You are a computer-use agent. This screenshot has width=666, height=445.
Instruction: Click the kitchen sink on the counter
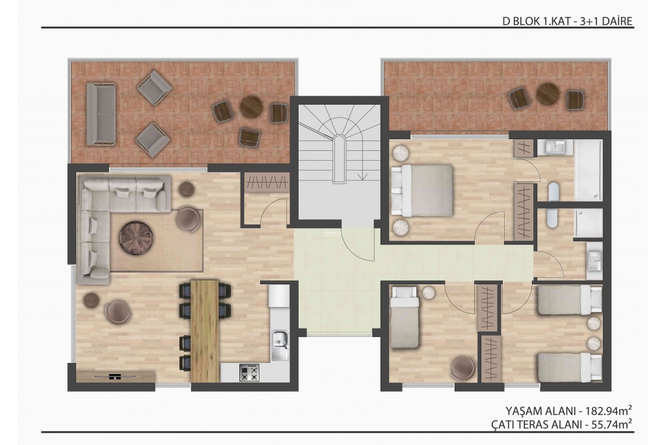pyautogui.click(x=280, y=345)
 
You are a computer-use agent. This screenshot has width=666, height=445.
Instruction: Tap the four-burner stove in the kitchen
pyautogui.click(x=249, y=372)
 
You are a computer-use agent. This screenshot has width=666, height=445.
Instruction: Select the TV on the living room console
pyautogui.click(x=115, y=376)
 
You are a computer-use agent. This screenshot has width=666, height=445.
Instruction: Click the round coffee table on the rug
pyautogui.click(x=136, y=238)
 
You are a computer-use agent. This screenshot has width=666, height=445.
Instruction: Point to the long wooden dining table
pyautogui.click(x=205, y=330)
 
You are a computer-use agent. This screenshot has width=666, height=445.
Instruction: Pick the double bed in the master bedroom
pyautogui.click(x=421, y=190)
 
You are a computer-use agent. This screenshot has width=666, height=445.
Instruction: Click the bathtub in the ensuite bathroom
pyautogui.click(x=588, y=170)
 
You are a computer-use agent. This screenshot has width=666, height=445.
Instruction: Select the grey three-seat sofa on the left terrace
pyautogui.click(x=101, y=114)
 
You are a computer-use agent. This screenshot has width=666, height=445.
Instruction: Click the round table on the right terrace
pyautogui.click(x=548, y=94)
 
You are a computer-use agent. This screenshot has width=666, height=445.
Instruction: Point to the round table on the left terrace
pyautogui.click(x=252, y=107)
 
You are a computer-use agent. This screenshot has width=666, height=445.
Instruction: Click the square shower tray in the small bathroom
pyautogui.click(x=589, y=222)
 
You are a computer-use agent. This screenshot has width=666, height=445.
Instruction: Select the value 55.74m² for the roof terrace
pyautogui.click(x=611, y=424)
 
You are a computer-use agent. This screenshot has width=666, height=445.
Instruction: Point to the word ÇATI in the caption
pyautogui.click(x=503, y=424)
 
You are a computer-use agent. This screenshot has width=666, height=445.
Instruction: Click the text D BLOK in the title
pyautogui.click(x=521, y=21)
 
